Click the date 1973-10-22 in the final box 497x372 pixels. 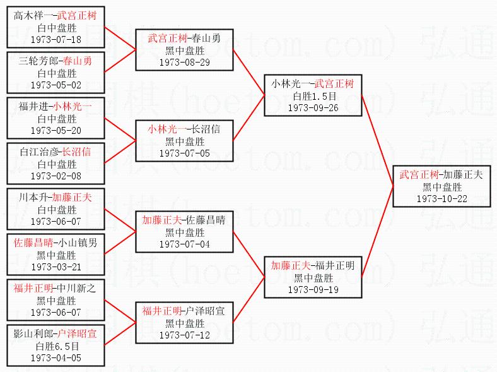pyautogui.click(x=441, y=198)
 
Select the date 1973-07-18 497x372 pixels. pyautogui.click(x=56, y=40)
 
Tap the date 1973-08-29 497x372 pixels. pyautogui.click(x=184, y=63)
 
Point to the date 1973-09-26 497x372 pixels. pyautogui.click(x=312, y=107)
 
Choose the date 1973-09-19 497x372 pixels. pyautogui.click(x=312, y=289)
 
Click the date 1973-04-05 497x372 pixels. pyautogui.click(x=56, y=357)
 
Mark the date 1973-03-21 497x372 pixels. pyautogui.click(x=56, y=267)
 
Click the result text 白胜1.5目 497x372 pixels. pyautogui.click(x=313, y=96)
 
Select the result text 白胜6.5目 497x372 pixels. pyautogui.click(x=57, y=346)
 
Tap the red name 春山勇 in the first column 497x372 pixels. pyautogui.click(x=78, y=61)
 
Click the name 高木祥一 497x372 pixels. pyautogui.click(x=33, y=15)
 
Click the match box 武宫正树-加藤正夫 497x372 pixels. pyautogui.click(x=441, y=186)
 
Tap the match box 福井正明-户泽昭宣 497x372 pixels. pyautogui.click(x=184, y=322)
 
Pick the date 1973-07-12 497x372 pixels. pyautogui.click(x=184, y=335)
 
